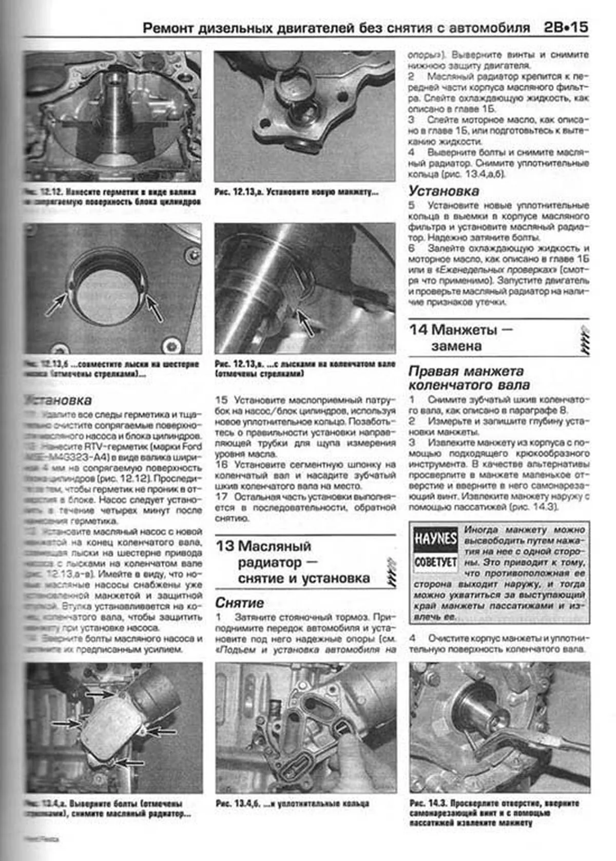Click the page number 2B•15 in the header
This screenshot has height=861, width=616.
[x=566, y=27]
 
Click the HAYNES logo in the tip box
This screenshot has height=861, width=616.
[x=435, y=539]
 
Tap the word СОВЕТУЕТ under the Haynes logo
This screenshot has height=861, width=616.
[x=435, y=562]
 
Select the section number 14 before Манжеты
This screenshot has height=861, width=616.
[x=418, y=330]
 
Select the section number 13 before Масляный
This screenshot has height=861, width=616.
[x=224, y=546]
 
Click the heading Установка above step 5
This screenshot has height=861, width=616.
[x=444, y=191]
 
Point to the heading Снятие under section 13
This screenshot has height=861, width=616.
[x=239, y=602]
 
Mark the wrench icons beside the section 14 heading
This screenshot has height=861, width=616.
[x=584, y=340]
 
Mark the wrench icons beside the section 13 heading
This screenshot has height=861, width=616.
[x=392, y=571]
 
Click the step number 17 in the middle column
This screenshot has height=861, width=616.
[x=221, y=497]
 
